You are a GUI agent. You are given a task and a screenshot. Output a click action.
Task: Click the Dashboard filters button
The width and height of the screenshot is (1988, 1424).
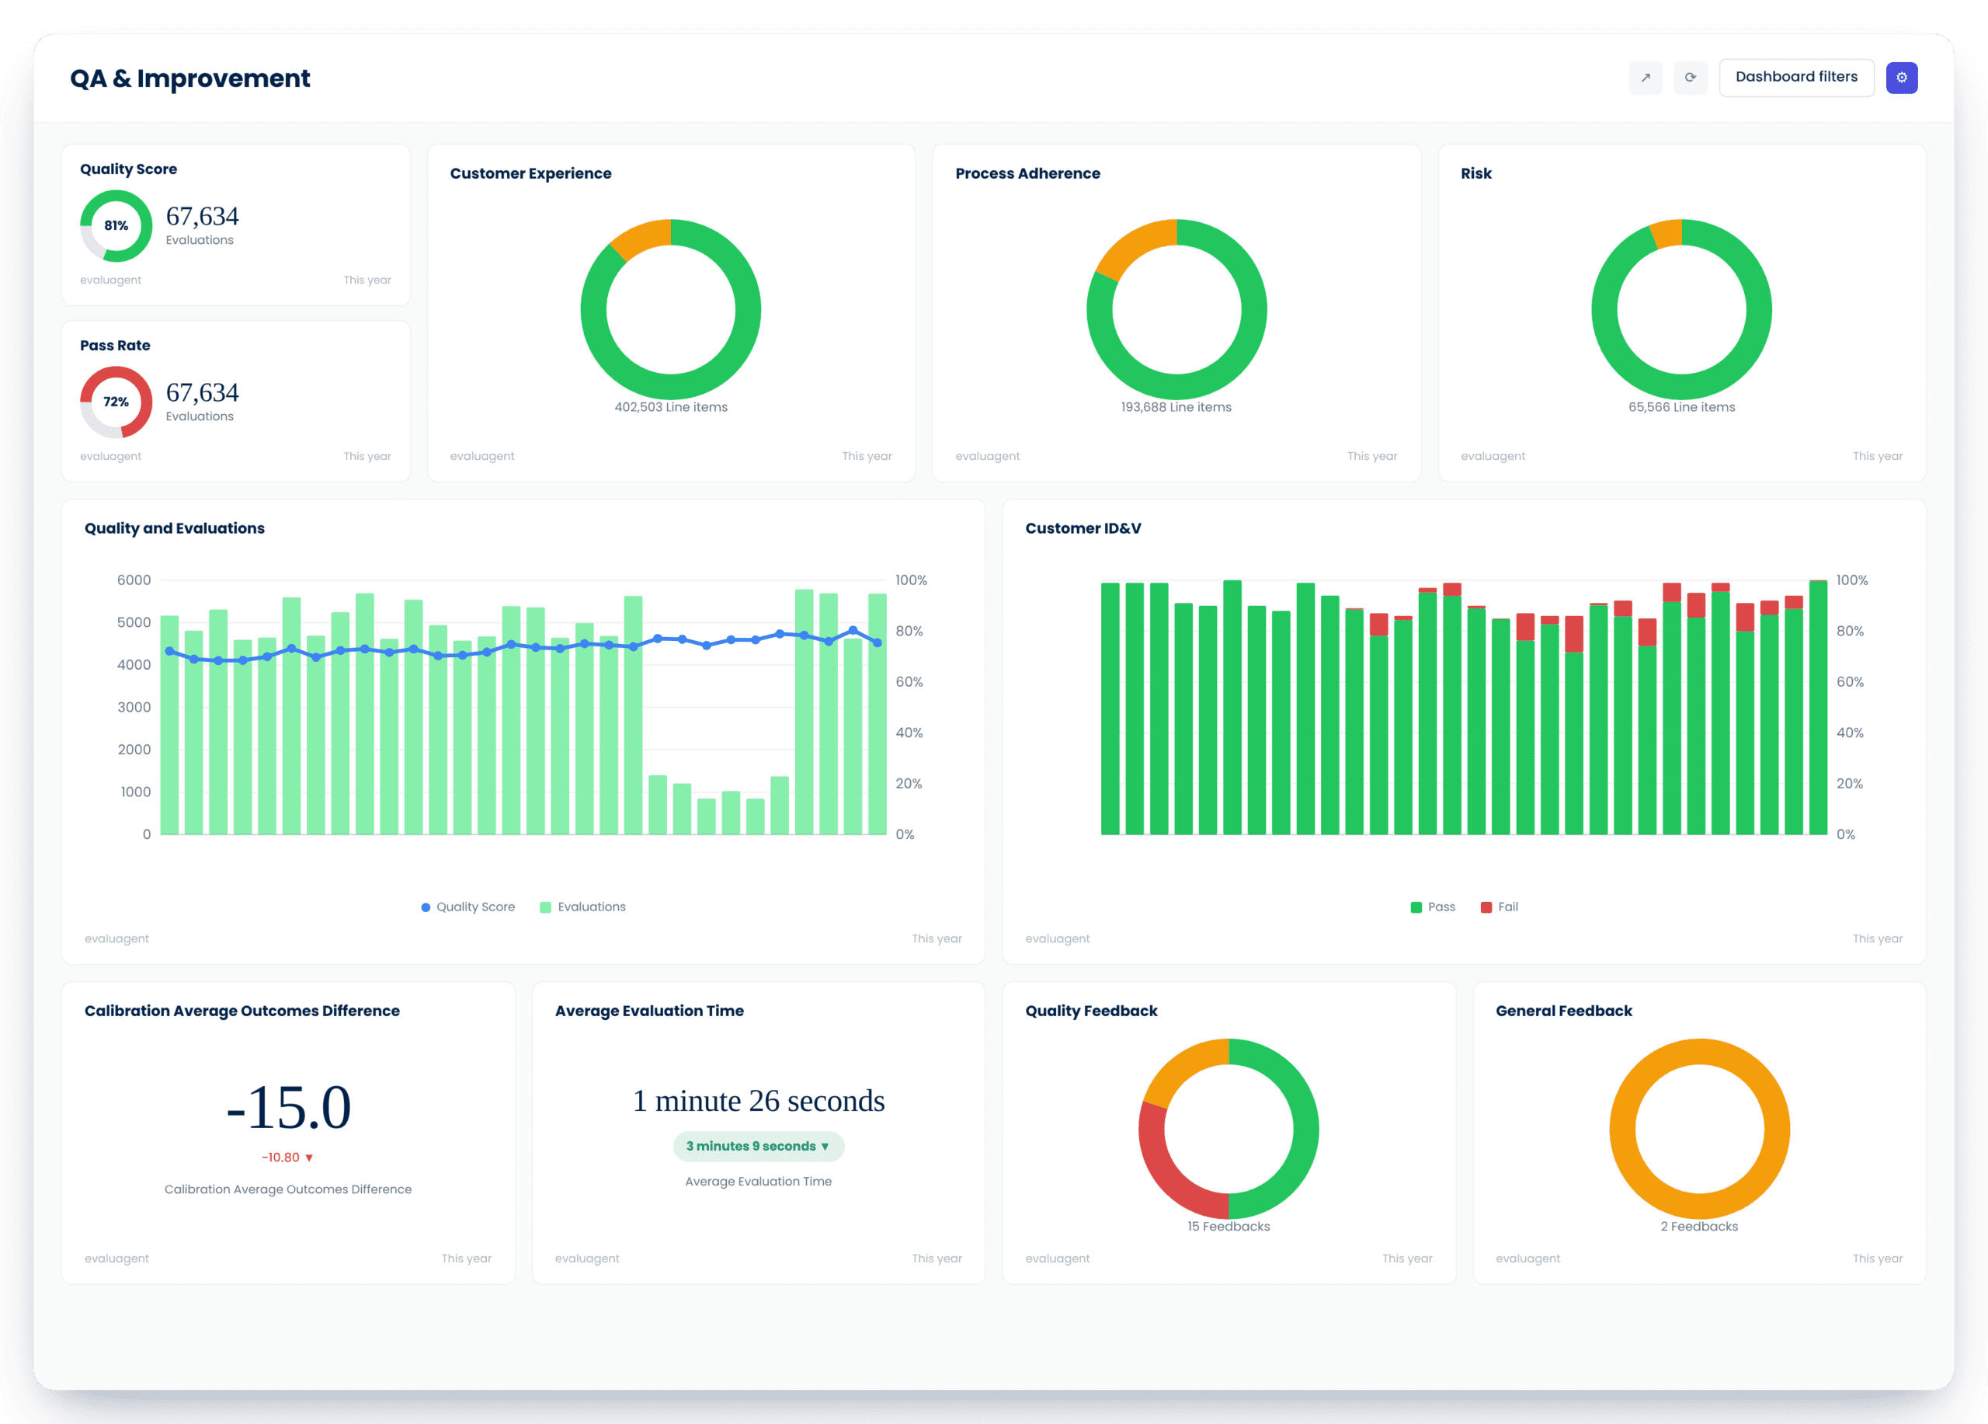coord(1796,77)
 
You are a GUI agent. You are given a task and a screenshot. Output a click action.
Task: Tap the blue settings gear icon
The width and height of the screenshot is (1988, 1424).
coord(1901,77)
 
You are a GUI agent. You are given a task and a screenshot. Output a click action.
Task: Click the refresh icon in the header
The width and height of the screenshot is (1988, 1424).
coord(1690,77)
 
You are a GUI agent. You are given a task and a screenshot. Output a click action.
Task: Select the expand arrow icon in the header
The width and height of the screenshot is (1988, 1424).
coord(1646,77)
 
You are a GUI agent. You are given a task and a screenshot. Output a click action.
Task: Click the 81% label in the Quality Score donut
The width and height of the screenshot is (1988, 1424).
coord(116,225)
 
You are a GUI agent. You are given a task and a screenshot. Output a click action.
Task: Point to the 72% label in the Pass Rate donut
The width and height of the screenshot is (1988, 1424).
coord(116,402)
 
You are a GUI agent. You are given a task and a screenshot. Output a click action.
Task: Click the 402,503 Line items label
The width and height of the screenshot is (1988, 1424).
coord(670,407)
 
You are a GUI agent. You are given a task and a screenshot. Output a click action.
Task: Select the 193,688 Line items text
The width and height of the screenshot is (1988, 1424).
coord(1176,407)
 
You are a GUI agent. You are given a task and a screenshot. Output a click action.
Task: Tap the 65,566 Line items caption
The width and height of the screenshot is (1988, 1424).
coord(1681,407)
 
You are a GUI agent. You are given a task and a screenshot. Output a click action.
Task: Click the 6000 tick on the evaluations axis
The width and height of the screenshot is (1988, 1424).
coord(134,580)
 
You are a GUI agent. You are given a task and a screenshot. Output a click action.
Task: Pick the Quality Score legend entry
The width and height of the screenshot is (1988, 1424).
coord(468,907)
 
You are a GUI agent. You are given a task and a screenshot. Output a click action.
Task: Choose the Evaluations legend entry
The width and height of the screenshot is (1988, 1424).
coord(583,907)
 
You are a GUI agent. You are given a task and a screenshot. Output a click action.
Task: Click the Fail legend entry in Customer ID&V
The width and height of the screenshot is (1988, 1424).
coord(1499,907)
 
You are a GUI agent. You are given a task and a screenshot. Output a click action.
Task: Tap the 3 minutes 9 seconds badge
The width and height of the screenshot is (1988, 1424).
coord(758,1146)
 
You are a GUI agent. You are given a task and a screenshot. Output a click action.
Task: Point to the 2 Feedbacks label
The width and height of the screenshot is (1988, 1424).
coord(1699,1226)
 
